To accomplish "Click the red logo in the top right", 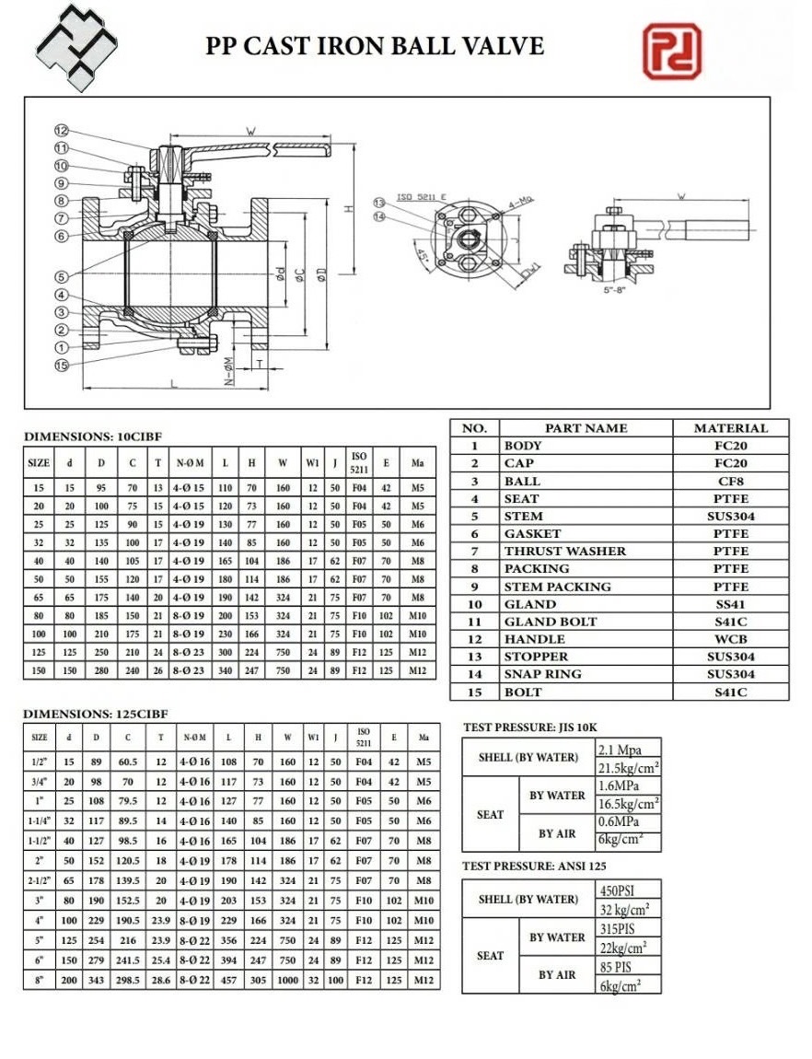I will coord(671,52).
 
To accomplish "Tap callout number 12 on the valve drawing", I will coord(62,130).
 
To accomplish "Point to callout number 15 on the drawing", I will coord(62,366).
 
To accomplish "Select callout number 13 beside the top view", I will coord(378,203).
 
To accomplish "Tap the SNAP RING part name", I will coord(542,674).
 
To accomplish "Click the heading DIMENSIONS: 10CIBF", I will coord(86,436).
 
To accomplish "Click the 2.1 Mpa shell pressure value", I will coord(620,750).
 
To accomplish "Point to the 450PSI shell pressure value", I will coord(617,890).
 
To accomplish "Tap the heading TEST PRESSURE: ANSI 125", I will coord(534,866).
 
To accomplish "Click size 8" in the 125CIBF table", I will coord(40,981).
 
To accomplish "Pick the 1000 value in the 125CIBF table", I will coord(288,981).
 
